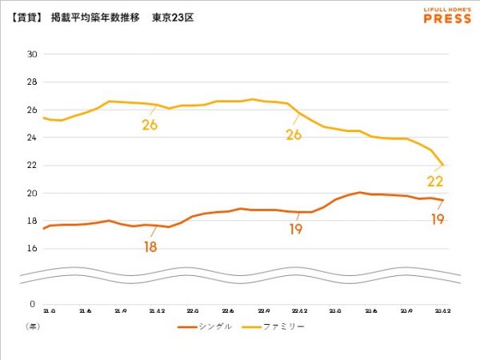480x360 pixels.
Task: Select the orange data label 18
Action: [150, 246]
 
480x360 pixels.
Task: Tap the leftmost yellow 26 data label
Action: [150, 125]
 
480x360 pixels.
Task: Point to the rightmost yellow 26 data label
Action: [294, 134]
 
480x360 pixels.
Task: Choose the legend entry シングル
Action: [205, 326]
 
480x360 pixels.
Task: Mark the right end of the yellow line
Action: [443, 165]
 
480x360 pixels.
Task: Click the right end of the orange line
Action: [443, 200]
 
